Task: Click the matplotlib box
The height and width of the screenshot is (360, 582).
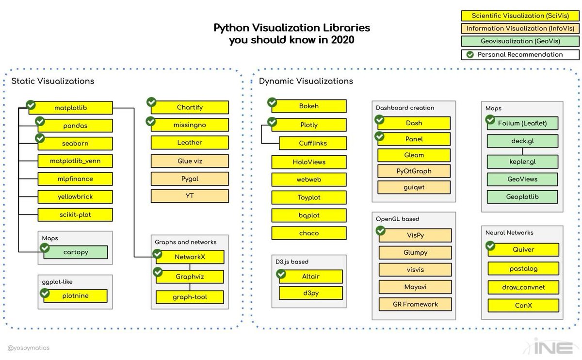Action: click(70, 107)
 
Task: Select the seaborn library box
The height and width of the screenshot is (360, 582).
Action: click(75, 143)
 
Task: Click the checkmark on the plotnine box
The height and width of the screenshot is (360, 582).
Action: click(45, 293)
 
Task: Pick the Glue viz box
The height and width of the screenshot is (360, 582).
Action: click(189, 161)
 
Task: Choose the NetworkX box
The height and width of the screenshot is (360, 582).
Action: click(190, 257)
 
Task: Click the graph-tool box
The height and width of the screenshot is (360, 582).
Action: click(190, 297)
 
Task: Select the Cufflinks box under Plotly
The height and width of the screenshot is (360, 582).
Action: click(313, 143)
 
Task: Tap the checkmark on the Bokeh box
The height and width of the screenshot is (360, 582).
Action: click(272, 102)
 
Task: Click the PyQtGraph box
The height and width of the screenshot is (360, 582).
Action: click(414, 171)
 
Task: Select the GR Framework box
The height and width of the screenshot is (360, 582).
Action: click(415, 304)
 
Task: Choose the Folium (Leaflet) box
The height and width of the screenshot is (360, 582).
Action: click(522, 123)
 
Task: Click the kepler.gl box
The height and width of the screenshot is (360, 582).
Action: click(522, 161)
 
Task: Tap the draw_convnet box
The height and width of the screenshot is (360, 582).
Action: click(523, 287)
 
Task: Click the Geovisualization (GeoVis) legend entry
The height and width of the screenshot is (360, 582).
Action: click(520, 41)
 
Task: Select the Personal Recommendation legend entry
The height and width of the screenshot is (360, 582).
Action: click(520, 54)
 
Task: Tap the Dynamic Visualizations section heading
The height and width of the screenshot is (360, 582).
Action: click(306, 81)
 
